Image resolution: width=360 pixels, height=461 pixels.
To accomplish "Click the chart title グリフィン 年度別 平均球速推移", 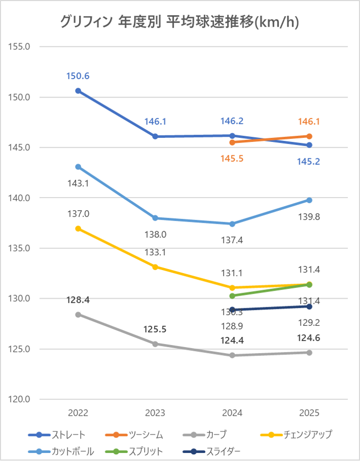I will pyautogui.click(x=179, y=21).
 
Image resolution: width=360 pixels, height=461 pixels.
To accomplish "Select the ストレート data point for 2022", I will pyautogui.click(x=78, y=91).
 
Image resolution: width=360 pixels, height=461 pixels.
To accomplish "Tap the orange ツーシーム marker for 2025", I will pyautogui.click(x=309, y=136).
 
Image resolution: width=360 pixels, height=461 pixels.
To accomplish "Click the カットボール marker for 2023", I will pyautogui.click(x=155, y=218).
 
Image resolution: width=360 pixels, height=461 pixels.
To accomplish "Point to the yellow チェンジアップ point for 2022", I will pyautogui.click(x=78, y=229).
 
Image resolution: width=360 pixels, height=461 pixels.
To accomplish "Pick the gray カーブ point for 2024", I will pyautogui.click(x=232, y=355).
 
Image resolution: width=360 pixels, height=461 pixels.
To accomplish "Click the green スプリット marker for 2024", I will pyautogui.click(x=232, y=296).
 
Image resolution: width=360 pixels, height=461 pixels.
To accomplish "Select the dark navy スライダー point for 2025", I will pyautogui.click(x=309, y=306).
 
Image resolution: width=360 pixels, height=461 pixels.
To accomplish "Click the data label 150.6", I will pyautogui.click(x=78, y=76).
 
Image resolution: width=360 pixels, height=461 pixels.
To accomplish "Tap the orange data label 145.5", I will pyautogui.click(x=232, y=159).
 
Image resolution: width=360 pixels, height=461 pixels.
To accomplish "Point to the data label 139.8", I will pyautogui.click(x=309, y=217).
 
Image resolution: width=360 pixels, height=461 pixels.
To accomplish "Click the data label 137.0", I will pyautogui.click(x=78, y=214).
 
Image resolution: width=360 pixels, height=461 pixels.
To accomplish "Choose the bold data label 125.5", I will pyautogui.click(x=155, y=329).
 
